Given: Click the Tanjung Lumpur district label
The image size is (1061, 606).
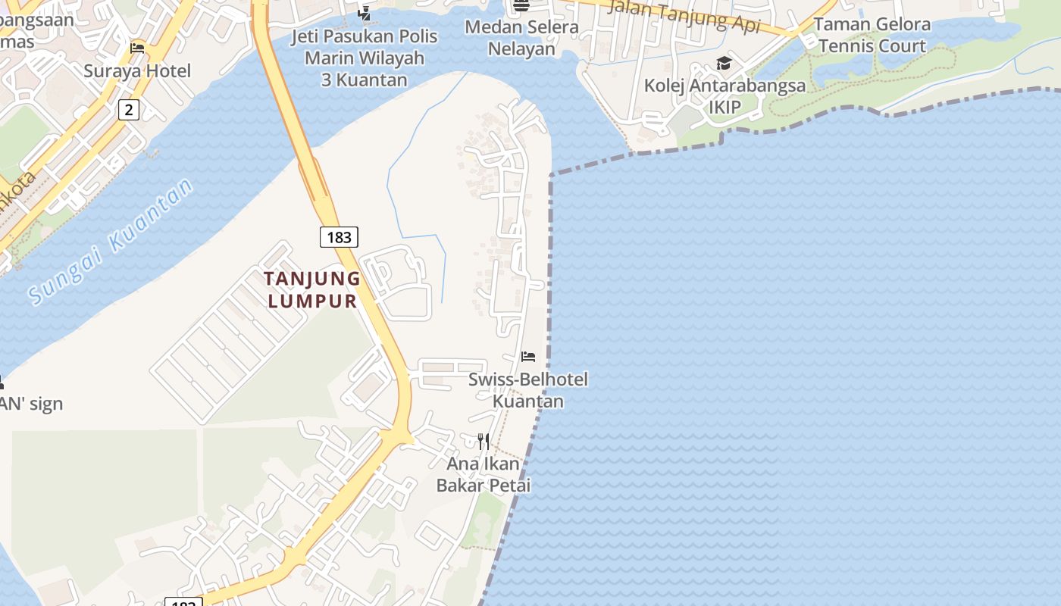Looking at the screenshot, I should pos(312,289).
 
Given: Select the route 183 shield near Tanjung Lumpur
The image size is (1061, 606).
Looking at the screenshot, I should pos(339,237).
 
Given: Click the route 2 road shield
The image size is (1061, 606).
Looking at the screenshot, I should pos(129,110).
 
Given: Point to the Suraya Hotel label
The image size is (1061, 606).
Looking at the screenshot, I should pos(137,71).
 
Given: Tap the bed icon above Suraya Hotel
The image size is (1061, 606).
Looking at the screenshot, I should pos(137,48).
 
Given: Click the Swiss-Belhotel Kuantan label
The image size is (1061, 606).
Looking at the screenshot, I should pos(528,389).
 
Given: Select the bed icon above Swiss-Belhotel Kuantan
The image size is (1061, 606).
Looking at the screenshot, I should pos(528,357).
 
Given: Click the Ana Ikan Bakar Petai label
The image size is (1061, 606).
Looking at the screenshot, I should pos(484,474).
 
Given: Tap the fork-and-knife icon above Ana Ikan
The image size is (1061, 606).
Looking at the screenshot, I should pos(484,441).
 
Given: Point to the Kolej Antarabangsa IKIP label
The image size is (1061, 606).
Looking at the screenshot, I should pos(725,95).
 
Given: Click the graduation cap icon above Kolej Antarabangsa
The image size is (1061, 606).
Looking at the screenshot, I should pos(725,63).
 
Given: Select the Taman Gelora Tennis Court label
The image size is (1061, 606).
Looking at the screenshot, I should pos(872,35).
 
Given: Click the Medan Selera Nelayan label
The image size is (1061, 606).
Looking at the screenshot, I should pos(521,38).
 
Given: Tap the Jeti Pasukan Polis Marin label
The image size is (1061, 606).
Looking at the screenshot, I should pos(365,58).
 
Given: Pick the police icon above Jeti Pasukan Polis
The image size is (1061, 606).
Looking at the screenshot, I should pos(365,13).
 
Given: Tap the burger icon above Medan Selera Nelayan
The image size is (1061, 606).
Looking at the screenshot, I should pos(521,6).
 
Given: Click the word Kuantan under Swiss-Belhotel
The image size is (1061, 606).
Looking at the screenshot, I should pos(528,401).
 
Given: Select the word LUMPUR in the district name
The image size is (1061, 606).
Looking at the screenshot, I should pos(312,301).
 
